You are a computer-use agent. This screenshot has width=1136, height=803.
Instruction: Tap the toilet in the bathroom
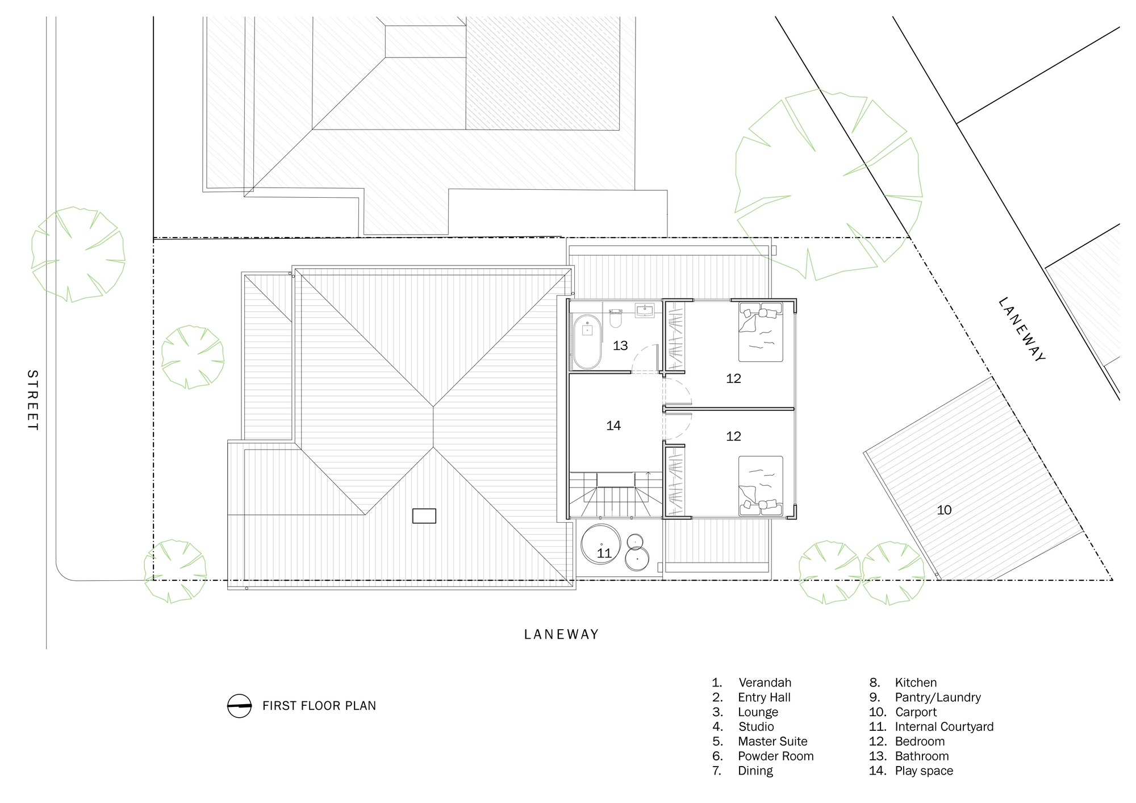pyautogui.click(x=615, y=319)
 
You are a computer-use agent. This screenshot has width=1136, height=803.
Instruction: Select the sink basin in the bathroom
pyautogui.click(x=645, y=310)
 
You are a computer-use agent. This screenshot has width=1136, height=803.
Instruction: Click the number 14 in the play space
pyautogui.click(x=613, y=426)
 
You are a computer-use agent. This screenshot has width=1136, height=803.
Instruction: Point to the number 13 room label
pyautogui.click(x=620, y=346)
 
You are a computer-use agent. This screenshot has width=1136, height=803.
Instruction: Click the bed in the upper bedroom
pyautogui.click(x=761, y=332)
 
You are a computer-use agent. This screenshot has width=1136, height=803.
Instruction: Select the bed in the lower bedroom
pyautogui.click(x=761, y=486)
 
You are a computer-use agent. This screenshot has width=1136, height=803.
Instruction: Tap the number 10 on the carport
pyautogui.click(x=944, y=510)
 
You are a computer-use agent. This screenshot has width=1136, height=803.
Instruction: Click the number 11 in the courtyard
pyautogui.click(x=604, y=553)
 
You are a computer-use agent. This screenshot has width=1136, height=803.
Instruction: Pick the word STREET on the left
pyautogui.click(x=32, y=400)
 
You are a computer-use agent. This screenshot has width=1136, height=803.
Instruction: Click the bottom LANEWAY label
pyautogui.click(x=561, y=634)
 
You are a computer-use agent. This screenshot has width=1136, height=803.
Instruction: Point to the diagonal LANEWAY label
pyautogui.click(x=1021, y=329)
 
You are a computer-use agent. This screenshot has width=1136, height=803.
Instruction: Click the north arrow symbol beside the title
pyautogui.click(x=239, y=706)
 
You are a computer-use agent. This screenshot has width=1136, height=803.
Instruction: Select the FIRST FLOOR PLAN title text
pyautogui.click(x=319, y=706)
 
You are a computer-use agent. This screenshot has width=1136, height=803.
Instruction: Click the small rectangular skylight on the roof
pyautogui.click(x=424, y=515)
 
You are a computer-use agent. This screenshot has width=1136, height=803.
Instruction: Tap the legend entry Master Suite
pyautogui.click(x=772, y=741)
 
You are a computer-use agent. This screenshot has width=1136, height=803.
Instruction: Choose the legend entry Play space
pyautogui.click(x=924, y=771)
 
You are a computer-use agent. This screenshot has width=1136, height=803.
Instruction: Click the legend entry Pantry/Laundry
pyautogui.click(x=937, y=697)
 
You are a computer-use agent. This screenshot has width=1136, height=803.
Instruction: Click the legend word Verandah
pyautogui.click(x=765, y=683)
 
